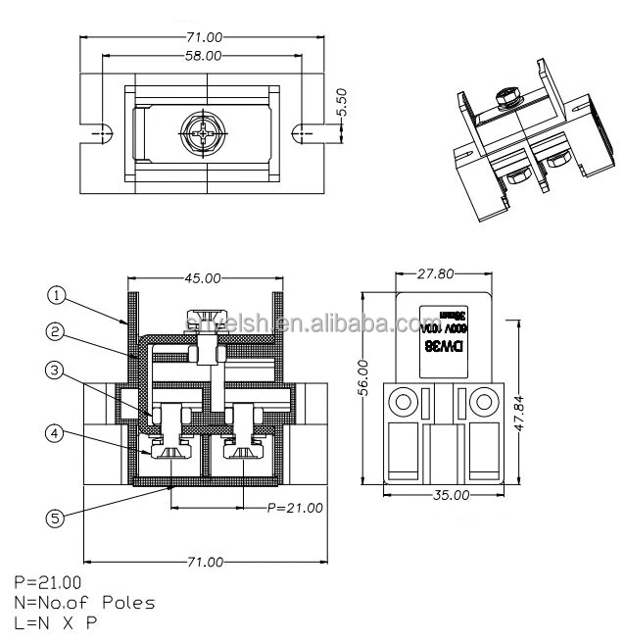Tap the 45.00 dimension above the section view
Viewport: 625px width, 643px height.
coord(202,278)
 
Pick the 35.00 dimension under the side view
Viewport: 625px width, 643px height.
coord(450,496)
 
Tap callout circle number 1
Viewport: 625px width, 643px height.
coord(57,293)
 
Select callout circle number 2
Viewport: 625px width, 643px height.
coord(57,331)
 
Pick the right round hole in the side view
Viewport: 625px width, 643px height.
coord(484,402)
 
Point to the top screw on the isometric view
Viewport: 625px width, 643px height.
coord(507,96)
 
